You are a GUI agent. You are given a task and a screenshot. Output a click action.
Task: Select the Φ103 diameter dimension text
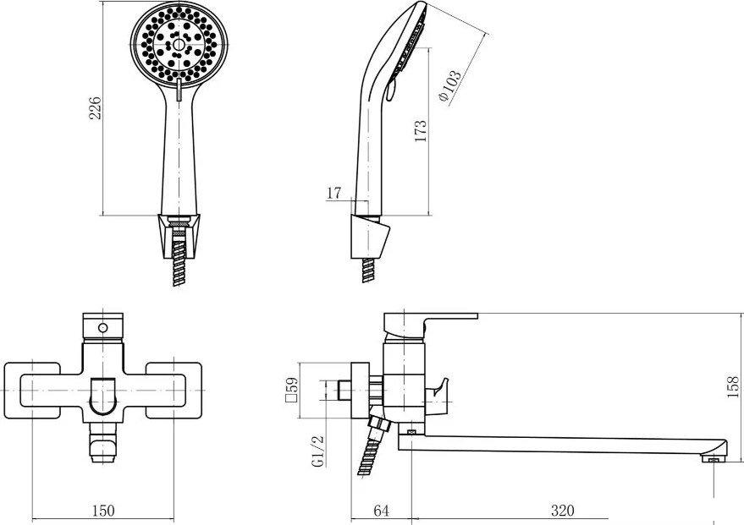point(450,86)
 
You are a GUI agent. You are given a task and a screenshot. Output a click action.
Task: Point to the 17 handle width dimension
point(333,194)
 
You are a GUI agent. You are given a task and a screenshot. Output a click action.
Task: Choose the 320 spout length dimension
point(561,510)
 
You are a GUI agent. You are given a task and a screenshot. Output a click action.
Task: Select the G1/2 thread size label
point(318,451)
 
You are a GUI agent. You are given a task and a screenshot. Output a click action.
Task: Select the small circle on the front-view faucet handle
point(102,327)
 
